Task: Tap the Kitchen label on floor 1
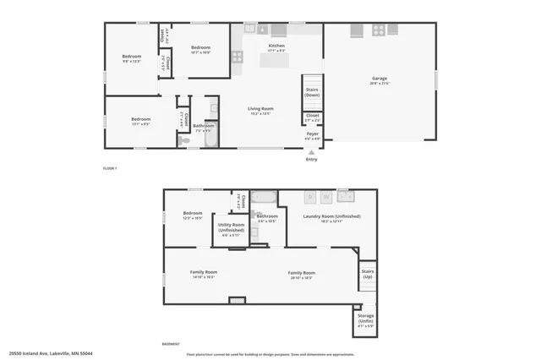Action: click(276, 47)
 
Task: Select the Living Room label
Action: click(260, 110)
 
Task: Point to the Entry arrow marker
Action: click(312, 152)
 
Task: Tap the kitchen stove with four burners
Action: click(378, 29)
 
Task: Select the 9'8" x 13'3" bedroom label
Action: click(131, 59)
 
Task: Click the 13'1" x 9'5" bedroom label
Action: click(140, 121)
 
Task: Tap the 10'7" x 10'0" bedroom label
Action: click(200, 49)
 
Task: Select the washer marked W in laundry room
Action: click(347, 197)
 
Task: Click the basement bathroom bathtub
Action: click(264, 198)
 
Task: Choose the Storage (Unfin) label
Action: click(365, 319)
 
